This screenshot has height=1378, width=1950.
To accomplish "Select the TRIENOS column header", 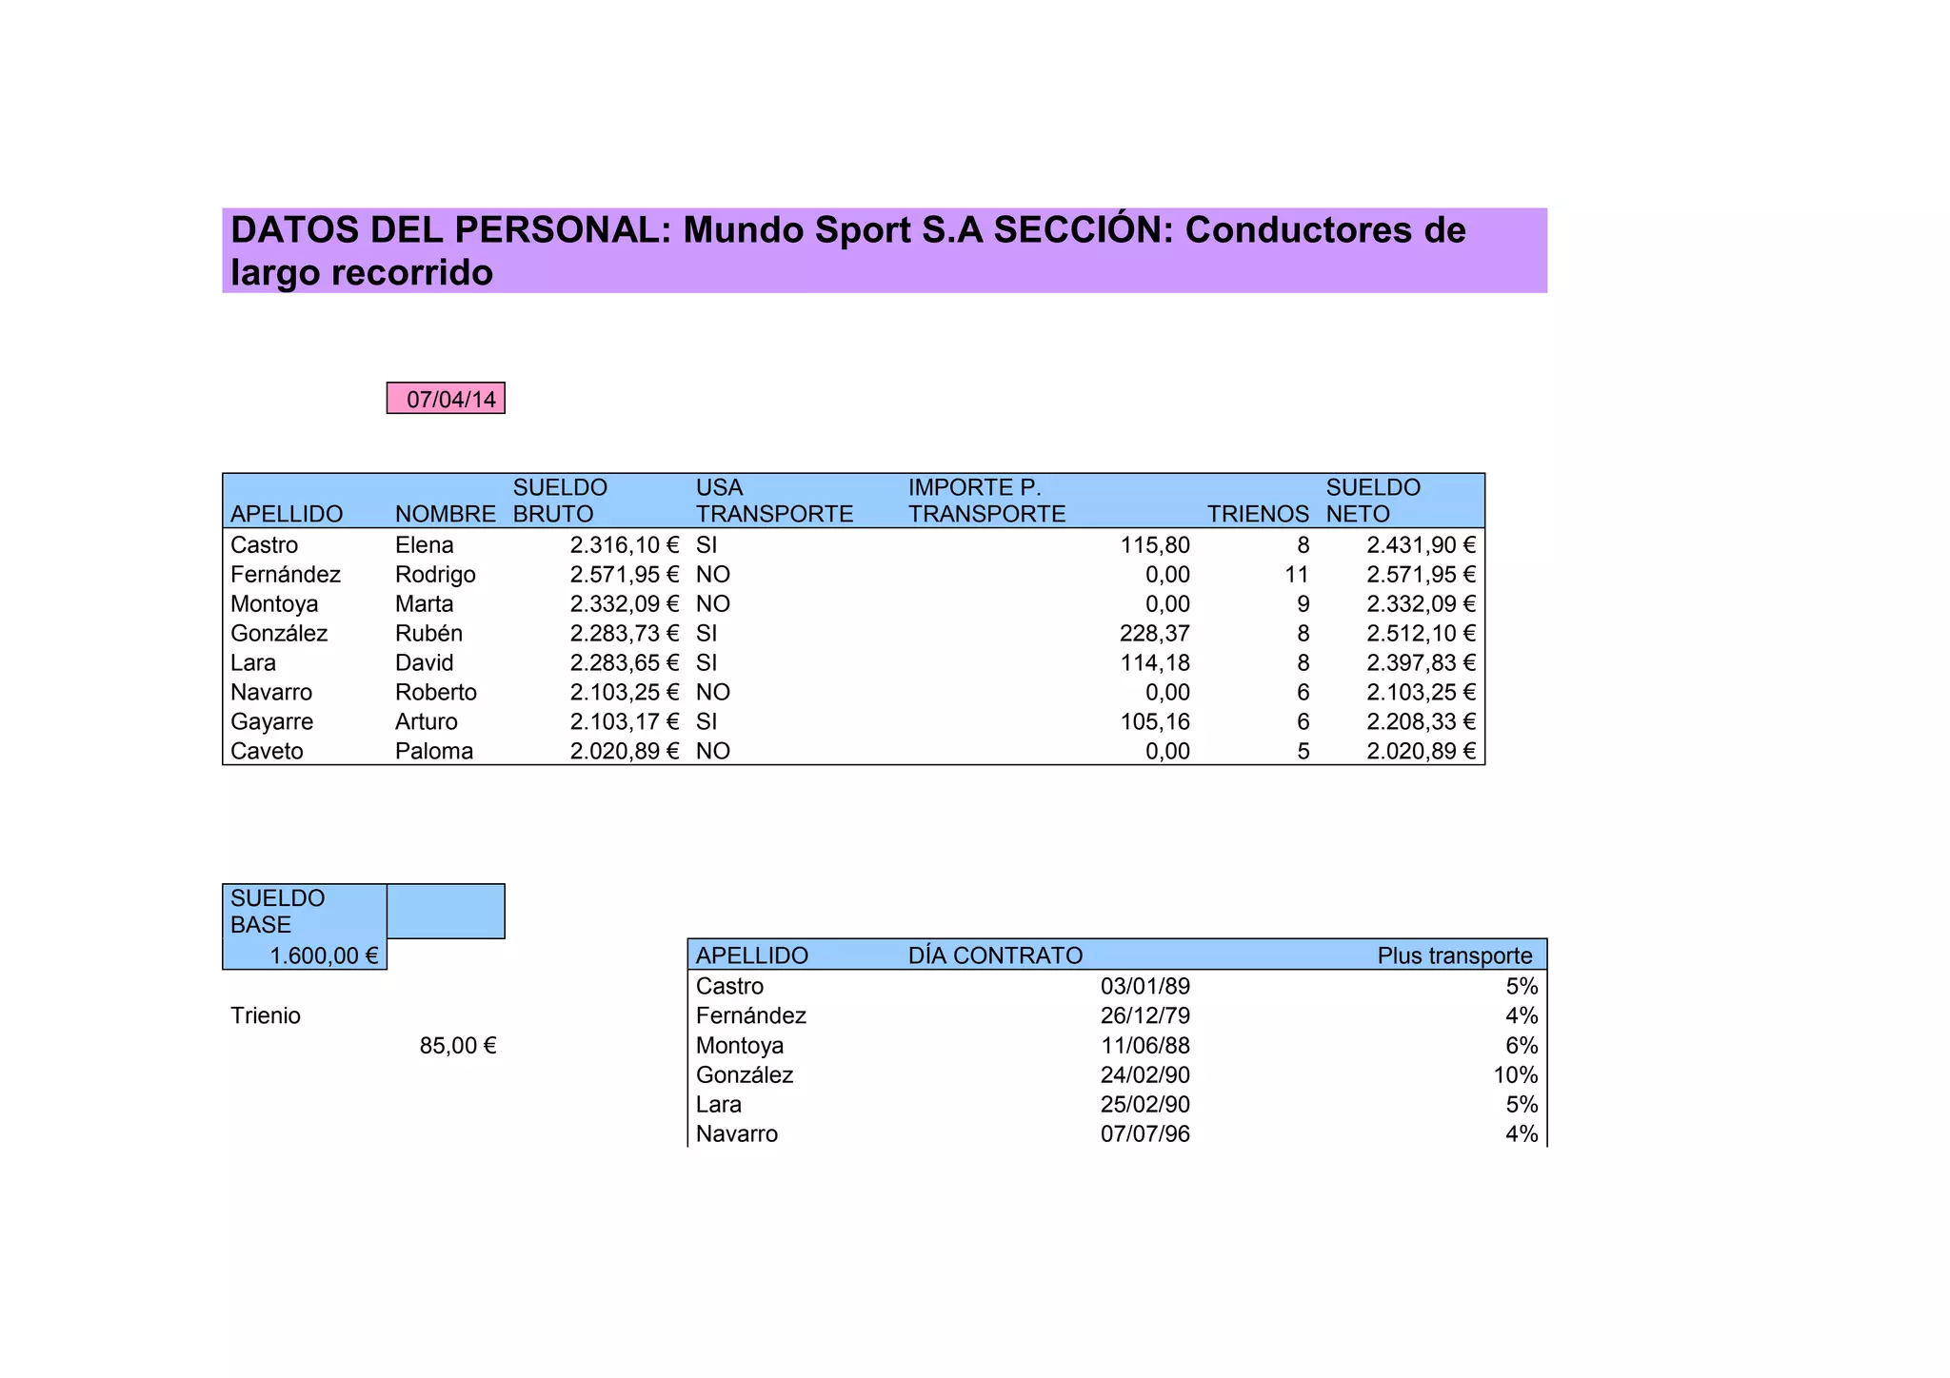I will [x=1257, y=515].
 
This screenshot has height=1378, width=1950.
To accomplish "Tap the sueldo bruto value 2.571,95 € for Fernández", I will [x=624, y=575].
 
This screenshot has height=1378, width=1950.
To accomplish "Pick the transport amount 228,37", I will [x=1155, y=634].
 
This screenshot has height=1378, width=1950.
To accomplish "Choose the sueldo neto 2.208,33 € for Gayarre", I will [x=1420, y=722].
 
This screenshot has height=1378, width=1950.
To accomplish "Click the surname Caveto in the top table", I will [x=267, y=752].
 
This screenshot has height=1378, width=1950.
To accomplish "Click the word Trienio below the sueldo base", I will [x=266, y=1016].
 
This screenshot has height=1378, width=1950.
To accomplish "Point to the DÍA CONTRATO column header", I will [x=995, y=955].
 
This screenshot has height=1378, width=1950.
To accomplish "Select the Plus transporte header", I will [x=1454, y=955].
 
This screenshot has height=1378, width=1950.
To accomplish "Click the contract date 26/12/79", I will [x=1144, y=1016].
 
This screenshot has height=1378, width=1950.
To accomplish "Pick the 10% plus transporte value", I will [x=1515, y=1075].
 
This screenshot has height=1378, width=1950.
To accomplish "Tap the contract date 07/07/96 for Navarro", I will [x=1144, y=1134].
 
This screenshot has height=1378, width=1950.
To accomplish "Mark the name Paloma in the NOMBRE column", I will [x=434, y=752].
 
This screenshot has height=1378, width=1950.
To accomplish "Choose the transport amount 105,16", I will [x=1155, y=722].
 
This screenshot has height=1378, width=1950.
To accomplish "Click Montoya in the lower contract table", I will [x=740, y=1046].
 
